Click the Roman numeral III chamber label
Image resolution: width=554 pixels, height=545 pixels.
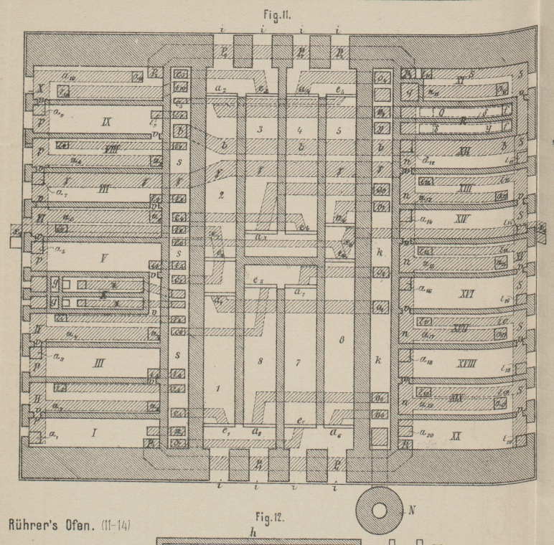coord(98,363)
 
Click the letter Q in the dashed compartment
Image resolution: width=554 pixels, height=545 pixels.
coord(443,112)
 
